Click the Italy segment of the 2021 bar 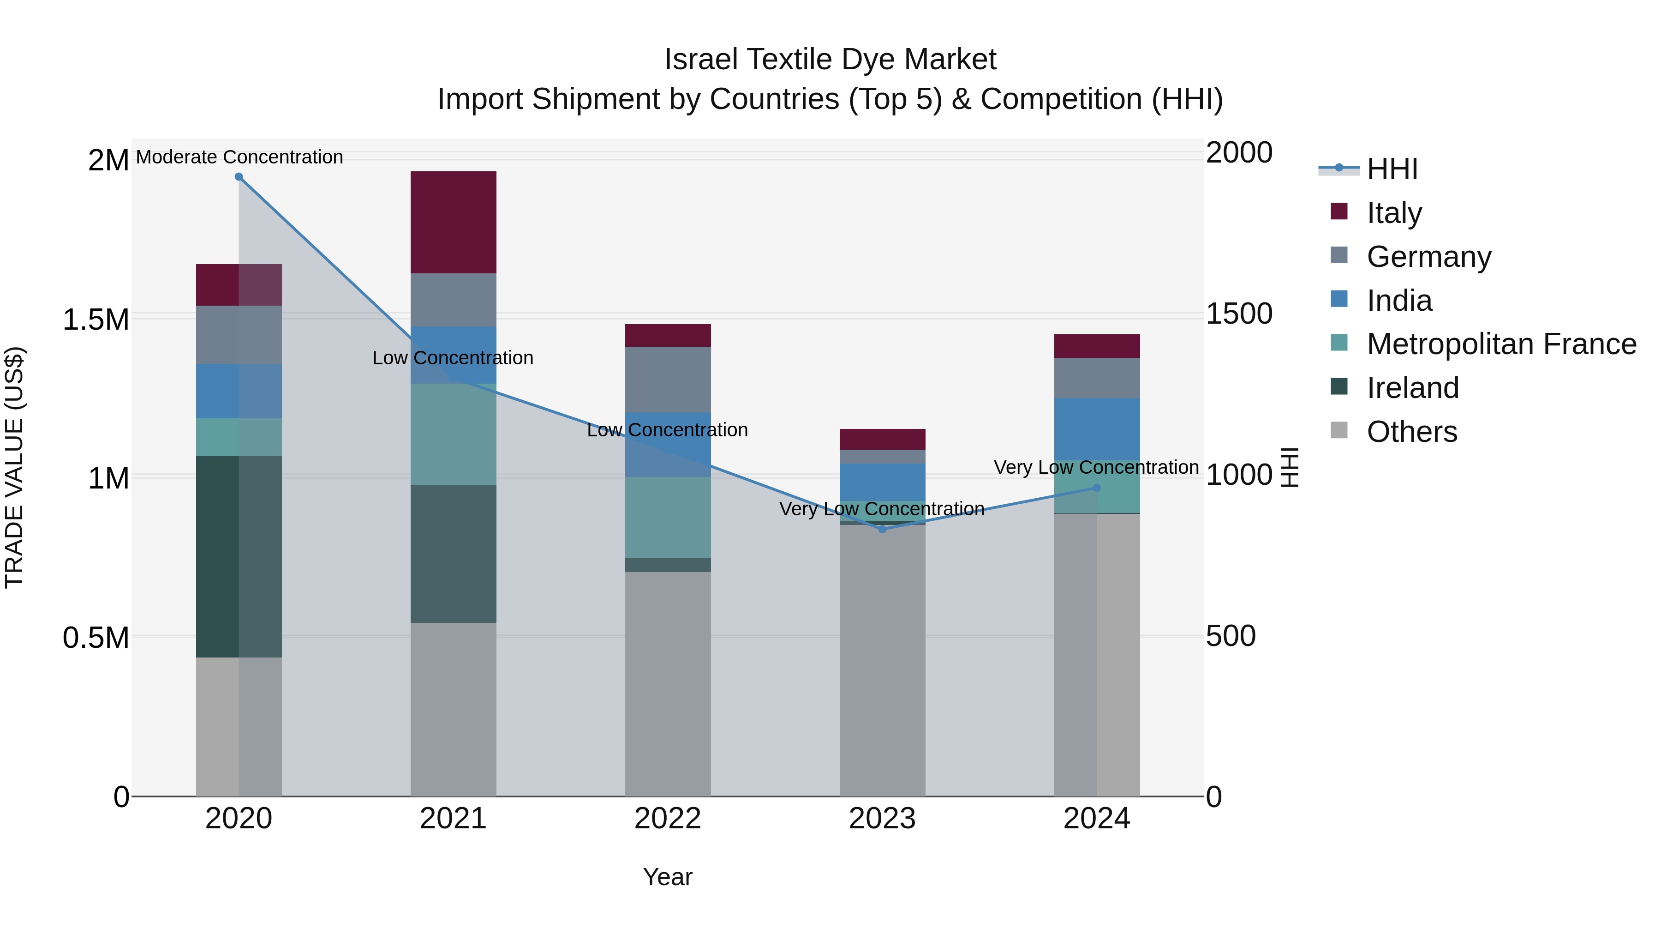[453, 222]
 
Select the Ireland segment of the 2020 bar [239, 556]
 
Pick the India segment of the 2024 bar [1097, 428]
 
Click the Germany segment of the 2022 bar [668, 380]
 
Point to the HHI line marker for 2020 [239, 177]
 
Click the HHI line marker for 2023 [882, 529]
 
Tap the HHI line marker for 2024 [1097, 488]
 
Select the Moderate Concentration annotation [239, 157]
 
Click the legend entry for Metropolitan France [1501, 344]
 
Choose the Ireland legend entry [1412, 388]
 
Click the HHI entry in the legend [1392, 169]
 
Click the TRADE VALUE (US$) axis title [14, 467]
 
